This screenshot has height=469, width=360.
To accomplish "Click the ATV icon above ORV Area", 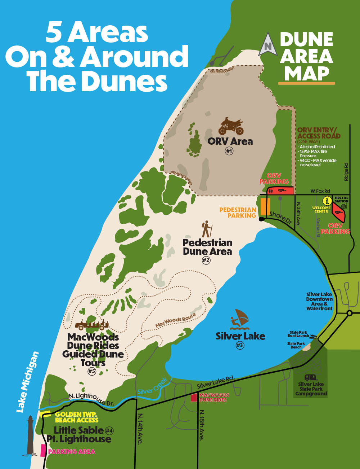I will point(231,126).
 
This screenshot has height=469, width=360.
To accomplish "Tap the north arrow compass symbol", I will point(267,44).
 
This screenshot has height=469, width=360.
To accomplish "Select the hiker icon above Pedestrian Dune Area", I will point(207,229).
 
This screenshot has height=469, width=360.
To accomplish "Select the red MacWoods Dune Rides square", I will point(194,398).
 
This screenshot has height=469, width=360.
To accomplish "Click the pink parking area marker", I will point(43,451).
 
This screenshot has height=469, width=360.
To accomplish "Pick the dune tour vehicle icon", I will point(92,324).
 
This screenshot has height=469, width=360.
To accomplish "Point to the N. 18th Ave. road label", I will point(202,425).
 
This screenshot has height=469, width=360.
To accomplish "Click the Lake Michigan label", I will point(27,382).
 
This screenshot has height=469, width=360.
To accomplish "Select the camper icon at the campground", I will point(311,377).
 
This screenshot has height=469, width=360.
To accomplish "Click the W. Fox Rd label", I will point(320,191).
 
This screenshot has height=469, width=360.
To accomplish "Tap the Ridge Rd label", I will point(346,172).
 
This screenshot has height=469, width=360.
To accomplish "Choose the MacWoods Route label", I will point(176,320).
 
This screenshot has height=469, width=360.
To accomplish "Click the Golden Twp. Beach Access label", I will point(77,417).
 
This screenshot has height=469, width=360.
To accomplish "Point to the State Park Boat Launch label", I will point(298,334).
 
